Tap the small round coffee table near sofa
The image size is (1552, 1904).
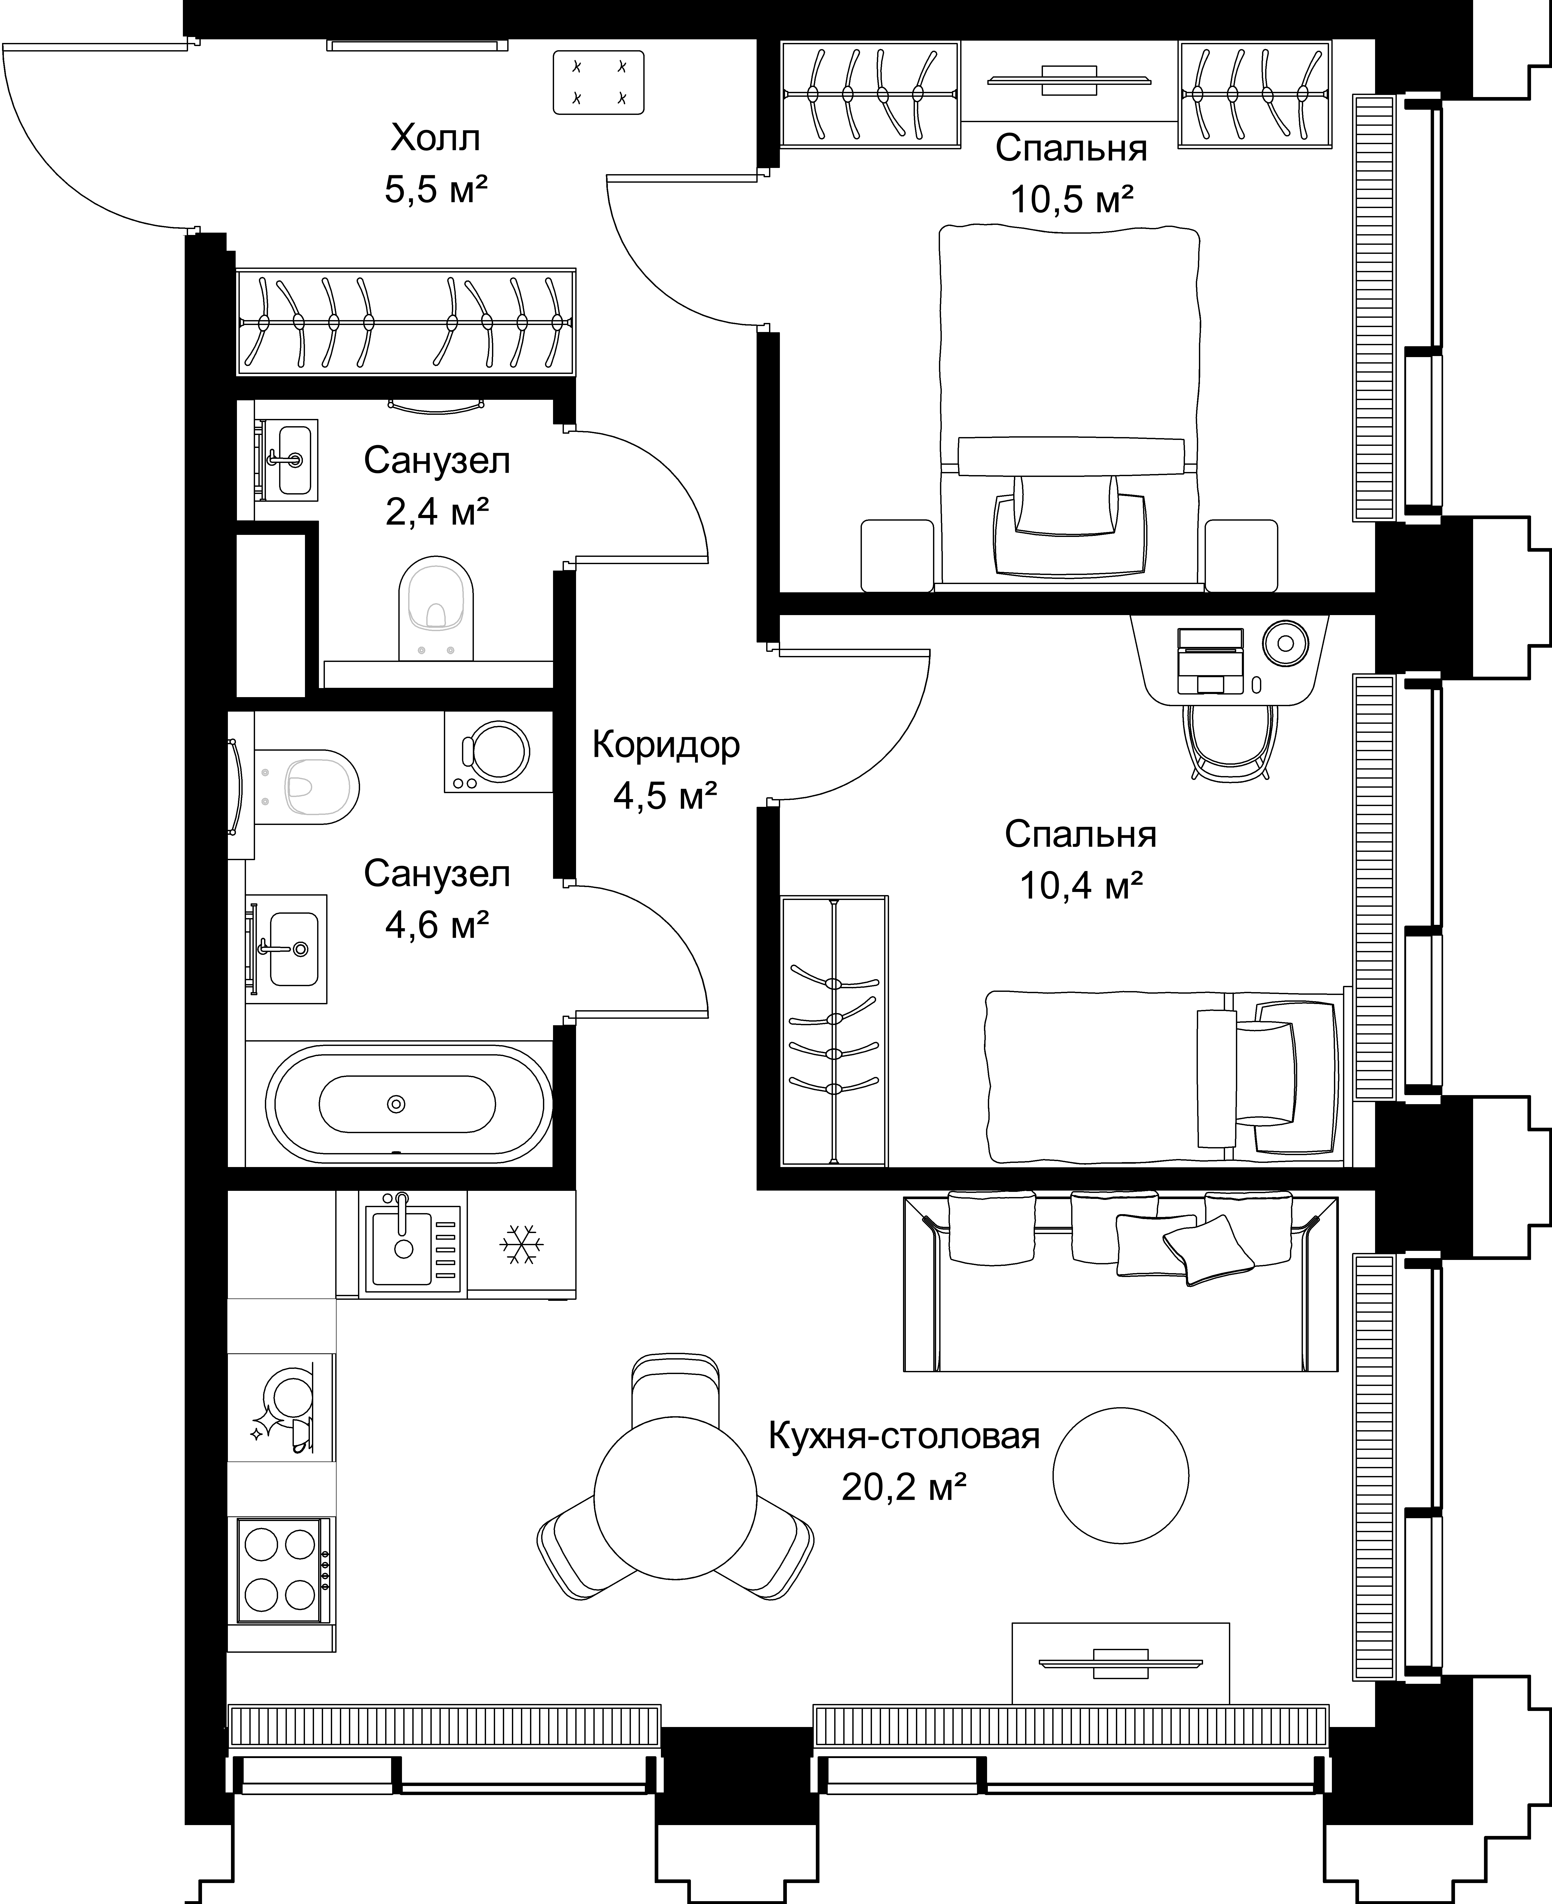click(x=1120, y=1476)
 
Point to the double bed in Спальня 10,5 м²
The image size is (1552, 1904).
click(x=1069, y=407)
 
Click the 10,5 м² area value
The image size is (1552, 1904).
click(x=1072, y=198)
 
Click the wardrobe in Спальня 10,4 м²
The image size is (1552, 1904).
click(x=834, y=1031)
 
